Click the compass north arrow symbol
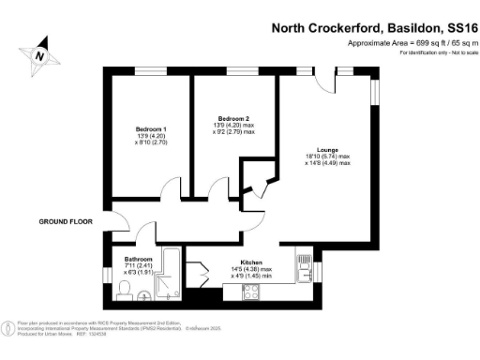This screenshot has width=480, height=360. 39,53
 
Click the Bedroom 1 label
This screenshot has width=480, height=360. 151,128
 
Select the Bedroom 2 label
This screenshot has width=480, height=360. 233,119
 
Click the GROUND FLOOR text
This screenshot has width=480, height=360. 66,222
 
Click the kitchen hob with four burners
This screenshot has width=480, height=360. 253,292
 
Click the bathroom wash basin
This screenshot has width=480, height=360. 143,296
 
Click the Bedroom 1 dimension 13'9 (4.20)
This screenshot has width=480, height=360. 151,136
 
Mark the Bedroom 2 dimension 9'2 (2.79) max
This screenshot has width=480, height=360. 233,134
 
